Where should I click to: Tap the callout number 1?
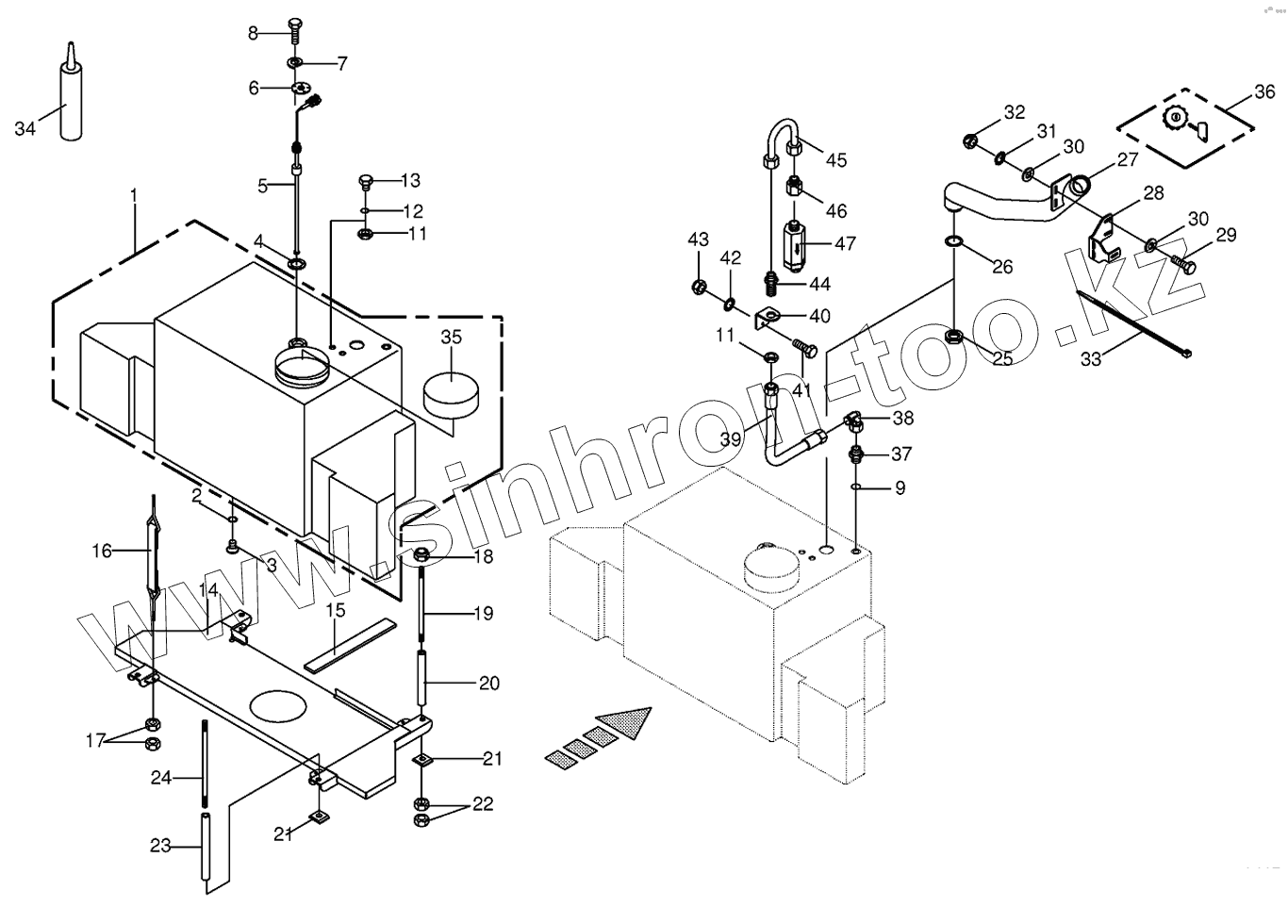pos(134,195)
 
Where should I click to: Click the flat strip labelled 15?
pos(349,645)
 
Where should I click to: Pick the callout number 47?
pos(845,243)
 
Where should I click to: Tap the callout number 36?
pos(1263,92)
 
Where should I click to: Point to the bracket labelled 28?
pos(1104,236)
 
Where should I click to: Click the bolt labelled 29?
pos(1182,264)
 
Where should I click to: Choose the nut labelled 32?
pos(968,141)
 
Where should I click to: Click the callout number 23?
pos(160,846)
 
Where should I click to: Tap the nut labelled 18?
pos(421,554)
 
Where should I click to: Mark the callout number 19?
pos(483,614)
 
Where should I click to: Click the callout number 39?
pos(731,438)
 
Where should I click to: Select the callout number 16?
pos(102,551)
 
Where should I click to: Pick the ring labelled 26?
pos(954,243)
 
